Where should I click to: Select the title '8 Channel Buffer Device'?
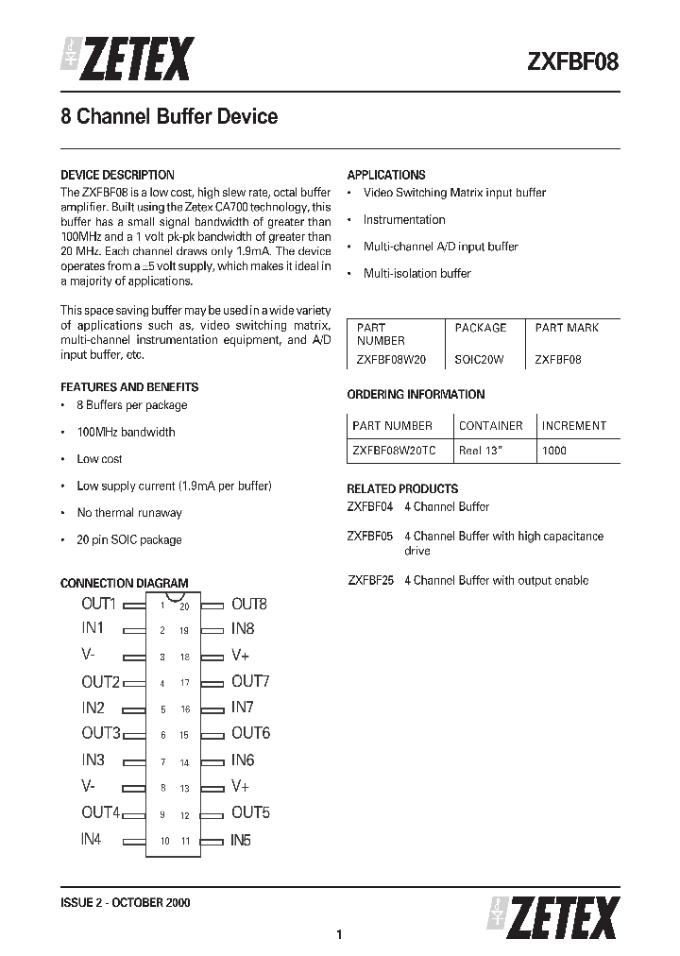(x=169, y=117)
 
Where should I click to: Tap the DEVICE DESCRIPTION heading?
(x=117, y=175)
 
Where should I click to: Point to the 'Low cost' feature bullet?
(x=99, y=459)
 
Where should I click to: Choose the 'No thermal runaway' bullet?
(x=129, y=513)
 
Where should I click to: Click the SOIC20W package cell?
(x=480, y=360)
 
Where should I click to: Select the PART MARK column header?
(x=567, y=328)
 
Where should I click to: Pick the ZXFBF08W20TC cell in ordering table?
(x=394, y=451)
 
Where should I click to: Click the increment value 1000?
(x=554, y=451)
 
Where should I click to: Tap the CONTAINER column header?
(x=491, y=426)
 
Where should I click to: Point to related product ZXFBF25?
(x=370, y=581)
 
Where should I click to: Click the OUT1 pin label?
(x=99, y=605)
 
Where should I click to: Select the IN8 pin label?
(x=243, y=629)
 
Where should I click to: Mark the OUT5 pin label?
(x=250, y=812)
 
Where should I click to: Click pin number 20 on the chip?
(x=185, y=606)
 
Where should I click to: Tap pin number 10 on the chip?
(x=164, y=841)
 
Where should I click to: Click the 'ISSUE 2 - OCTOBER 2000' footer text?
(x=126, y=903)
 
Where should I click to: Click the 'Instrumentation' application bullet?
(x=404, y=220)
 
